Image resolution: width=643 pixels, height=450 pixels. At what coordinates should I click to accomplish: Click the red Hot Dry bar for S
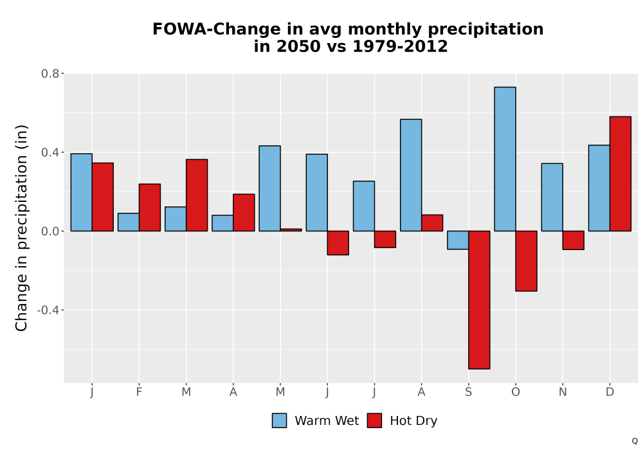point(479,300)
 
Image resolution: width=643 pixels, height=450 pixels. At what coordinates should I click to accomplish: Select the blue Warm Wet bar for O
point(505,159)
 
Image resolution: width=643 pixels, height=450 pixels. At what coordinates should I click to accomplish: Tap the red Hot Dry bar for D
point(620,174)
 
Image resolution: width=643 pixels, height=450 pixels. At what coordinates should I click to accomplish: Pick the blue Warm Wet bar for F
point(129,222)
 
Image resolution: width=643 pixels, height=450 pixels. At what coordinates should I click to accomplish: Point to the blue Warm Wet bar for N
point(552,197)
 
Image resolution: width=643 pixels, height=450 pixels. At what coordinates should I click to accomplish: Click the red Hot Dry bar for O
point(526,261)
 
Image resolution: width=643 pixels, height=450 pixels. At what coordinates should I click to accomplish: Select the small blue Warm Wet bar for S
point(458,240)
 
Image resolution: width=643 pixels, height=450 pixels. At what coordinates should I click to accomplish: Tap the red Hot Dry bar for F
point(150,208)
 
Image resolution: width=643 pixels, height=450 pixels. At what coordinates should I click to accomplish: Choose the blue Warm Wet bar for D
point(599,188)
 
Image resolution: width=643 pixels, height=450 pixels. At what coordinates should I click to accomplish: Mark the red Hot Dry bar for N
point(574,240)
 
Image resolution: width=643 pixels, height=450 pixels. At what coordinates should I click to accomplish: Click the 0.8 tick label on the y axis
point(50,74)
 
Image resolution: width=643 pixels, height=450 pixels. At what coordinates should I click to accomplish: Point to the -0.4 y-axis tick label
point(48,310)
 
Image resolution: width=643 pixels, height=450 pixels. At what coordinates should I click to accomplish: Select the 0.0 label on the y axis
point(50,231)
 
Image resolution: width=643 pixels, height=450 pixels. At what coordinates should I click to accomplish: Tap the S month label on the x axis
point(468,392)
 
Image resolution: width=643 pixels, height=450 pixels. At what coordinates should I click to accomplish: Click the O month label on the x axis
point(516,392)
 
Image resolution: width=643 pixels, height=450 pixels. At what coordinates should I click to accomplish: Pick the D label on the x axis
point(610,392)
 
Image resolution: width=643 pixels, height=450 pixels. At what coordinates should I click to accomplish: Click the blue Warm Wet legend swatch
point(279,420)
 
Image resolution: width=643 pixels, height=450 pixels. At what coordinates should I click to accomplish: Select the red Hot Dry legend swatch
point(374,420)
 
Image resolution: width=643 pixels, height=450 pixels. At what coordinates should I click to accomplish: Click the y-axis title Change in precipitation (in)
point(21,228)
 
